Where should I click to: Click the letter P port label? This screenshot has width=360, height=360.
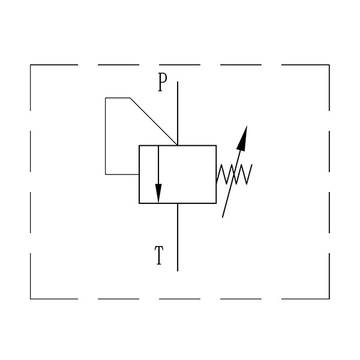(163, 82)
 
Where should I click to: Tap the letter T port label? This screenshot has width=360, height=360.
(159, 255)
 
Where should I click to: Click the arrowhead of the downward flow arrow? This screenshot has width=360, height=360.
(158, 193)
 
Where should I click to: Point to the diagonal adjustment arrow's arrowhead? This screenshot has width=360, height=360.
(242, 139)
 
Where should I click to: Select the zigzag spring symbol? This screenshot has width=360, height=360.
(234, 174)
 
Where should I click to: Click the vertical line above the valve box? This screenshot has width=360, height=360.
(178, 113)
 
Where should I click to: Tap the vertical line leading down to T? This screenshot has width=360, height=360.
(178, 237)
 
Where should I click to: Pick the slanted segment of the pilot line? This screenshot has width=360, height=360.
(154, 122)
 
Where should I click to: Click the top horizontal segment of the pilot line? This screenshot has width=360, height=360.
(118, 98)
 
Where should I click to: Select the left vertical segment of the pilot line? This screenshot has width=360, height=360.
(106, 136)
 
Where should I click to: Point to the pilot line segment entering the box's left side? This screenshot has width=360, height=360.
(122, 175)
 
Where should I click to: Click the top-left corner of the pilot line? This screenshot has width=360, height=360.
(106, 98)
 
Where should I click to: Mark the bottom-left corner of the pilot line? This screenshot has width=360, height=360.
(106, 175)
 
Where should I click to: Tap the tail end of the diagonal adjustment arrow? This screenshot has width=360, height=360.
(222, 217)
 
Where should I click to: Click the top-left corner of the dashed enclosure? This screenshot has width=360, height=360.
(31, 65)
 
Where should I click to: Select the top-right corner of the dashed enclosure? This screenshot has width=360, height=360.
(329, 65)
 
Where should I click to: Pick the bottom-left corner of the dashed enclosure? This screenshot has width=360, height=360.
(31, 299)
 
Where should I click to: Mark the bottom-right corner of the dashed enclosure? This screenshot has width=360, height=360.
(329, 299)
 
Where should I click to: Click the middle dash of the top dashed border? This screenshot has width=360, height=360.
(180, 65)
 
